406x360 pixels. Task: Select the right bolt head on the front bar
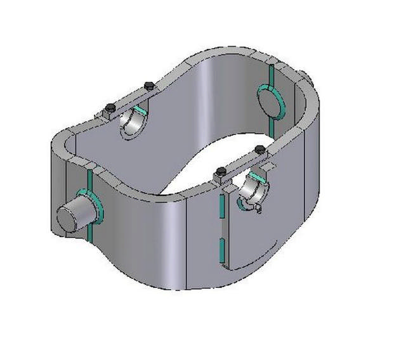259,150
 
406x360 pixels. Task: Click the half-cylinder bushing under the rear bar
134,123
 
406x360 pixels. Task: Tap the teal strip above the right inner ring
270,75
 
